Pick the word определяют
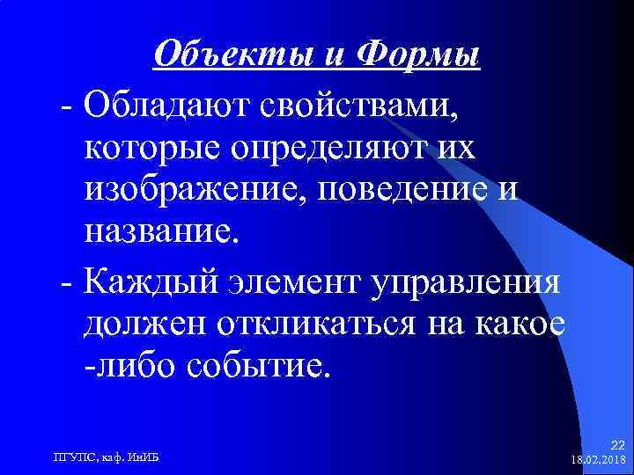[340, 149]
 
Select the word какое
[520, 325]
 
